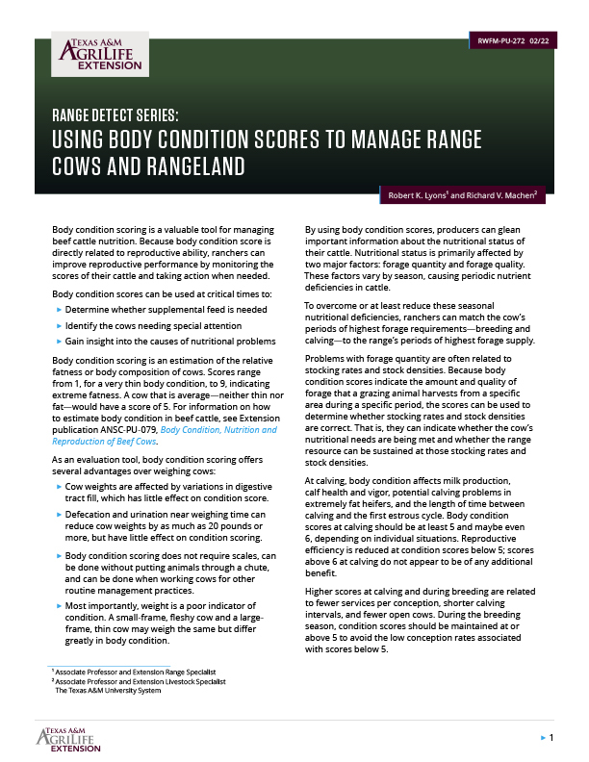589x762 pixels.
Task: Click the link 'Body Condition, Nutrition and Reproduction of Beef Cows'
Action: coord(165,435)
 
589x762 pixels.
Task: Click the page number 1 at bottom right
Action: coord(550,737)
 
